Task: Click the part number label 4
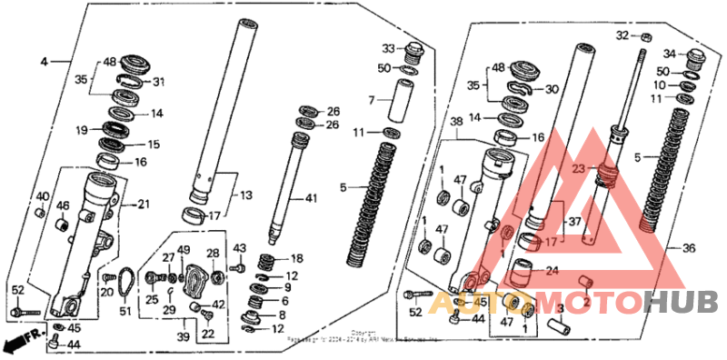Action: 43,62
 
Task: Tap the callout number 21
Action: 143,205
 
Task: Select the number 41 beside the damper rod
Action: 312,198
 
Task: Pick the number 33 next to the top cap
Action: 388,48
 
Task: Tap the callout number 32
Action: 622,35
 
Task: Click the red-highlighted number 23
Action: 579,167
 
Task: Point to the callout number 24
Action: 552,269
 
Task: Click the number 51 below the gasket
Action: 125,312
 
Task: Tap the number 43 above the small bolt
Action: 240,248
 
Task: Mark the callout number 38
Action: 457,121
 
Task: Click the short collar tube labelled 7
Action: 400,100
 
